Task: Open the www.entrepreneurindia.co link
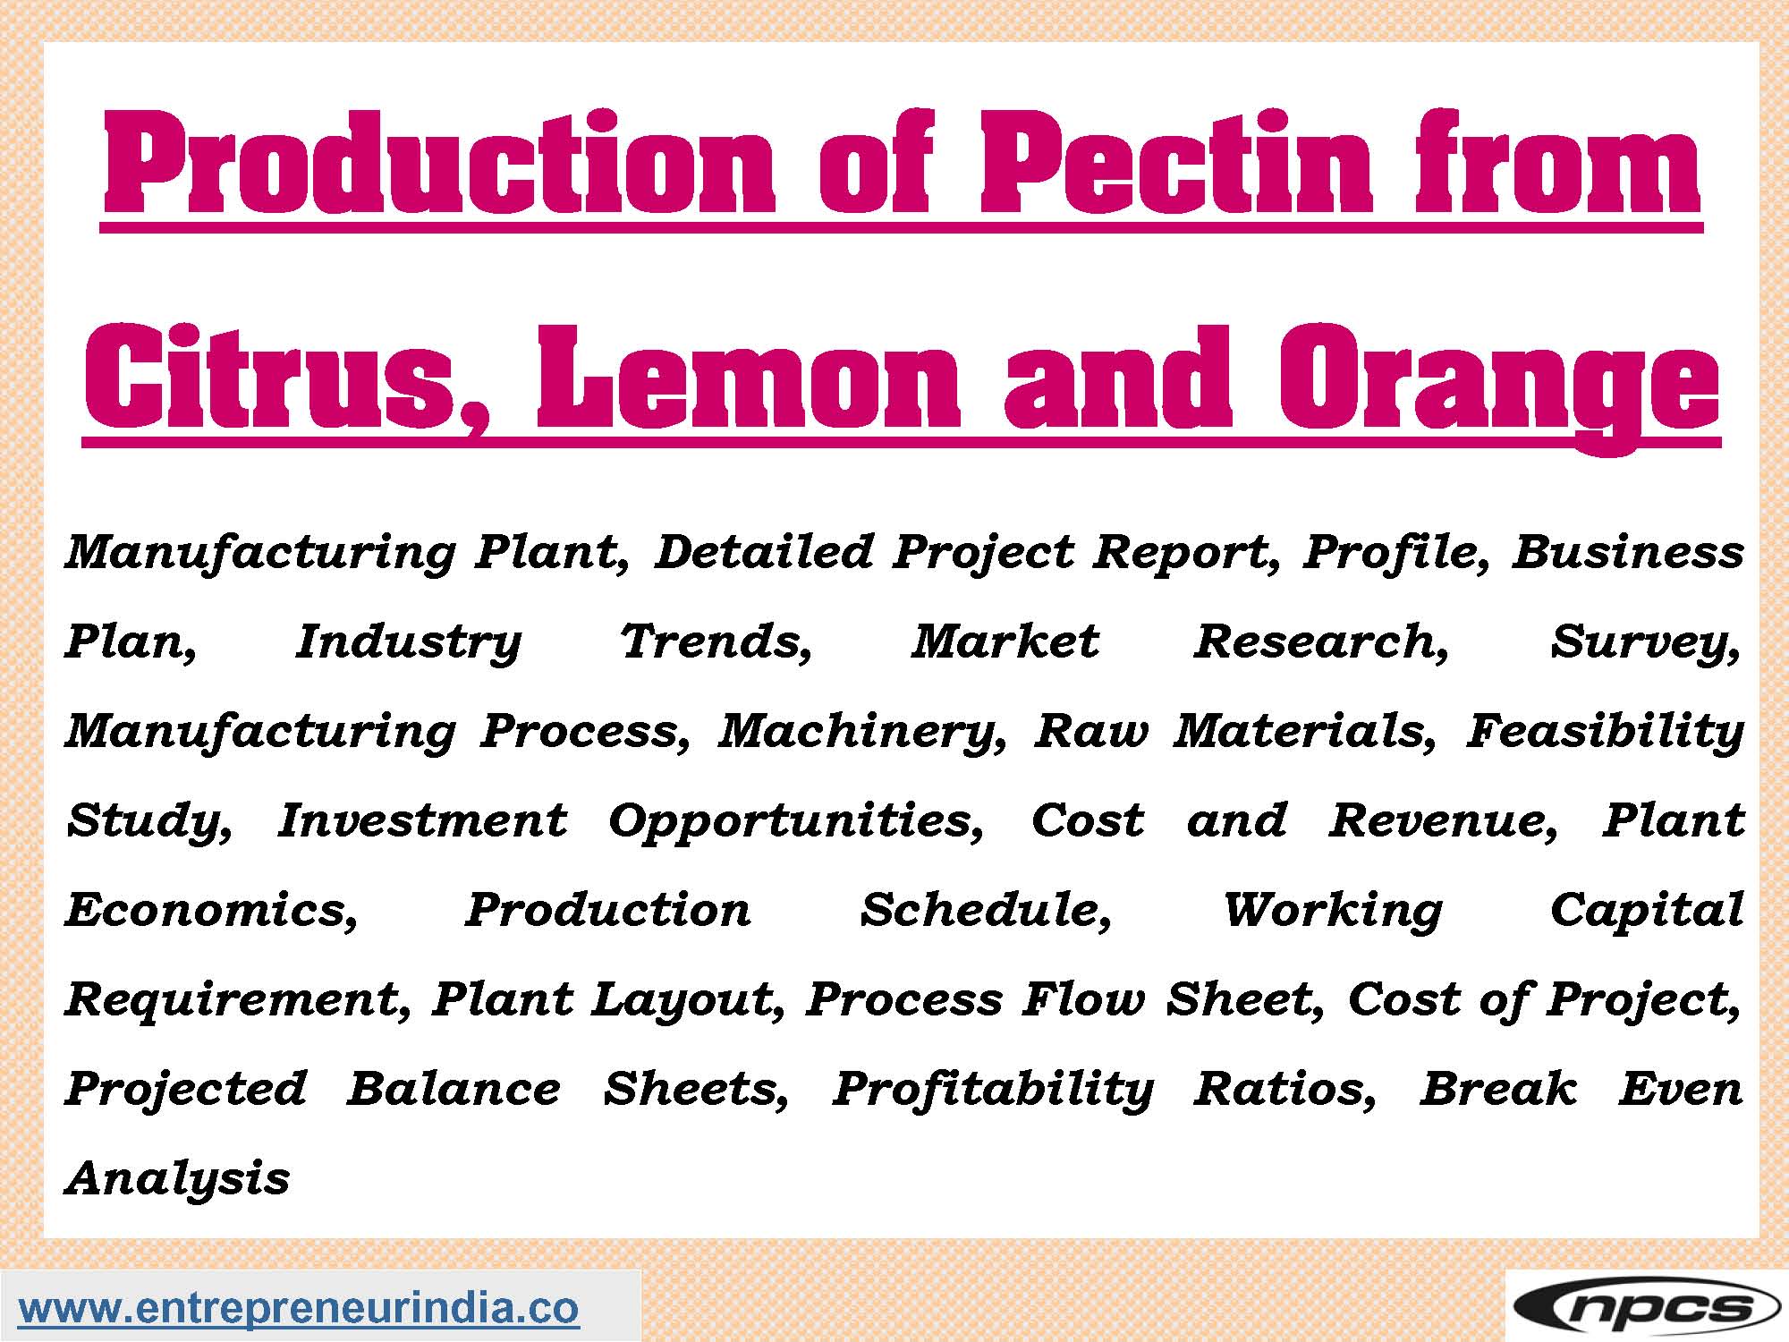pos(299,1308)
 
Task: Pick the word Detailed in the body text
pos(764,551)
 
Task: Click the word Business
pos(1628,551)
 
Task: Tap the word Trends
pos(716,642)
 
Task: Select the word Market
pos(1005,641)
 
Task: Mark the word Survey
pos(1646,642)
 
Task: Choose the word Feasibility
pos(1605,732)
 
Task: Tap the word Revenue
pos(1443,821)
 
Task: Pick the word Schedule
pos(986,911)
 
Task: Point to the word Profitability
pos(993,1090)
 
